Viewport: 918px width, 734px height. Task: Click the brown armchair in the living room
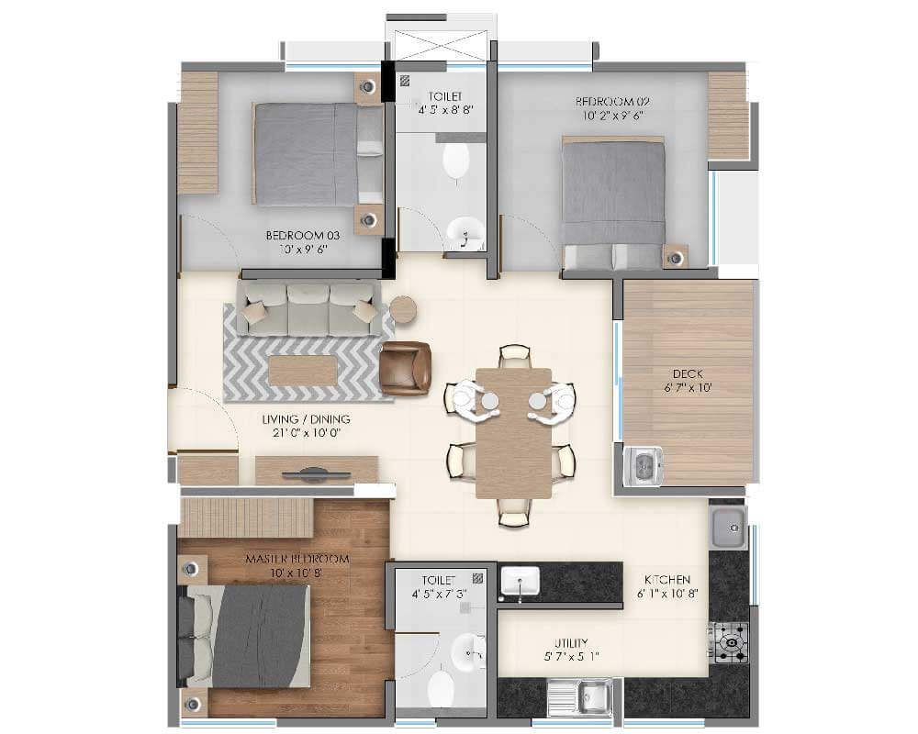point(406,368)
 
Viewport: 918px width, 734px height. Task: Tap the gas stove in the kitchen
point(730,641)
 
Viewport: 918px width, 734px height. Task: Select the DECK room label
point(688,373)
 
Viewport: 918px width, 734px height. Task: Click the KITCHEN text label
point(666,580)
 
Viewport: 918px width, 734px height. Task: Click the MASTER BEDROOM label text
point(297,559)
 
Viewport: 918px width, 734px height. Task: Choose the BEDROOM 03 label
point(297,236)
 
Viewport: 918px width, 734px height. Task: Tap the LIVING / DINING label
point(306,419)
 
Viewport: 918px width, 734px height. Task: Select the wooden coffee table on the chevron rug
point(302,370)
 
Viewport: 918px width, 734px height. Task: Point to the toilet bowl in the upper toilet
point(456,161)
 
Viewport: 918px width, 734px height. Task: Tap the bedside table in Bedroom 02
point(676,257)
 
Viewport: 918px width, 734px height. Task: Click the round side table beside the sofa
point(403,310)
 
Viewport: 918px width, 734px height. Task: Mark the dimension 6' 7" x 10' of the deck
point(688,388)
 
